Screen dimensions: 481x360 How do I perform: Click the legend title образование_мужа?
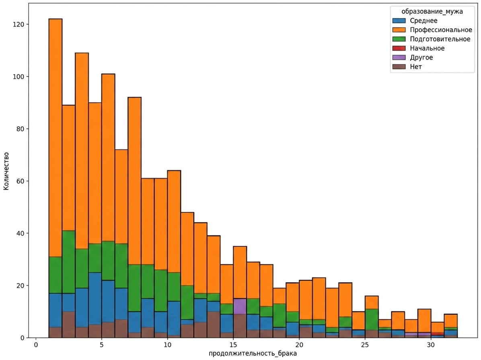(x=432, y=12)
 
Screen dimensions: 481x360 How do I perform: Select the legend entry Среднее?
(x=415, y=21)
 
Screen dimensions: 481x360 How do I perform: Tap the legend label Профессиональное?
(x=441, y=30)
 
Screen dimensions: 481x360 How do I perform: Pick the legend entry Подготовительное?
(x=431, y=39)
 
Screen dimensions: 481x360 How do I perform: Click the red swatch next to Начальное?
(x=399, y=48)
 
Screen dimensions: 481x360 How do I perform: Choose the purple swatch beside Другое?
(x=399, y=57)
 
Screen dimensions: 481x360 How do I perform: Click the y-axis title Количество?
(x=6, y=171)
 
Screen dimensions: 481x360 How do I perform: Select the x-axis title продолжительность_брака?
(x=253, y=354)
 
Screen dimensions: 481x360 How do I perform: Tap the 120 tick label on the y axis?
(x=18, y=24)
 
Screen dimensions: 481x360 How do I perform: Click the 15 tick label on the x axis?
(x=233, y=345)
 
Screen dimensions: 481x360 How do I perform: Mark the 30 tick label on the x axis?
(x=431, y=345)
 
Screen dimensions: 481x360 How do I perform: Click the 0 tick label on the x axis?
(x=36, y=345)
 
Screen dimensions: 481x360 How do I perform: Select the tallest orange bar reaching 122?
(x=55, y=138)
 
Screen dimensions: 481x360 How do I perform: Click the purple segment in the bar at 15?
(x=240, y=307)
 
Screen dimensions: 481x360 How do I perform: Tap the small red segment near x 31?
(x=438, y=334)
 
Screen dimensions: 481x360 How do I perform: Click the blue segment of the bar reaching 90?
(x=95, y=299)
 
